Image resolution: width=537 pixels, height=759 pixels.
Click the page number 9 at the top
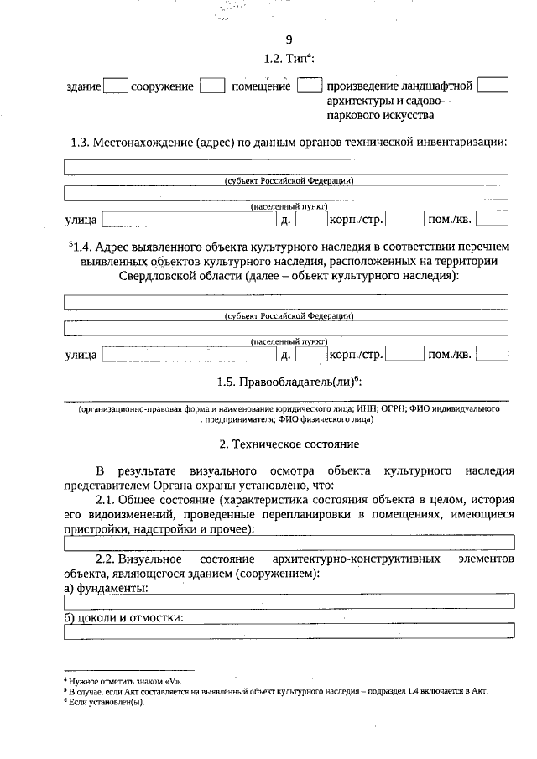[289, 39]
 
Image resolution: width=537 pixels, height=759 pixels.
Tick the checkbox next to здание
[116, 86]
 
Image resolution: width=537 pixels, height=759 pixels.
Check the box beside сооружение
[214, 86]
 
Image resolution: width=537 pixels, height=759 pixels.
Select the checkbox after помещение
[310, 86]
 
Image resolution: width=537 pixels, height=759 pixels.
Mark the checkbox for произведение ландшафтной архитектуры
[498, 86]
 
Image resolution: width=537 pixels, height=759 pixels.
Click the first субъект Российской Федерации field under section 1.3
[287, 167]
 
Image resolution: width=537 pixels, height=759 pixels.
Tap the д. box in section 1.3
[310, 221]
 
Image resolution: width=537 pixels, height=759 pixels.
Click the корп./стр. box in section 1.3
[404, 221]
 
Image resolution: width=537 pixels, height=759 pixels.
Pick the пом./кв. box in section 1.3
[493, 221]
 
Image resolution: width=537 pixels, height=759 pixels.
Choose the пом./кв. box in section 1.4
[493, 355]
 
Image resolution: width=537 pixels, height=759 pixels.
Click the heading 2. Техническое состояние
[289, 442]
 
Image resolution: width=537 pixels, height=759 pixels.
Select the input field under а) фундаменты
[287, 600]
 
